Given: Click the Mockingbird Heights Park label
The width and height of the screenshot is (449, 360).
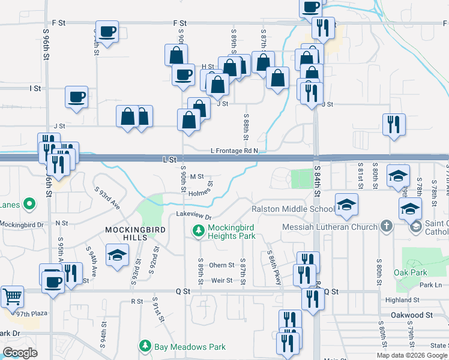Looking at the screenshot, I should pyautogui.click(x=232, y=232).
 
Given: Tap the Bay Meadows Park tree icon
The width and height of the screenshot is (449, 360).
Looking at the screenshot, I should pyautogui.click(x=145, y=346).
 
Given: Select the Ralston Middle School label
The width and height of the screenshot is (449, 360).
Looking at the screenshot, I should pyautogui.click(x=293, y=209).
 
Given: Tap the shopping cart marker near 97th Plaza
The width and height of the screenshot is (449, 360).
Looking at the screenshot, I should pyautogui.click(x=12, y=296).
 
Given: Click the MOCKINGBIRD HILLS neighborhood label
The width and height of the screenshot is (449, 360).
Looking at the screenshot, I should pyautogui.click(x=126, y=233).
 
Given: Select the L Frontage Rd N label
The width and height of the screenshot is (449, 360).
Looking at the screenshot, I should pyautogui.click(x=234, y=151).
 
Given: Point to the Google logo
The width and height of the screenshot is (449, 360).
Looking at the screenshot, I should pyautogui.click(x=20, y=353).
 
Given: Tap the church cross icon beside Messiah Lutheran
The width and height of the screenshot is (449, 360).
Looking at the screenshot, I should pyautogui.click(x=387, y=227).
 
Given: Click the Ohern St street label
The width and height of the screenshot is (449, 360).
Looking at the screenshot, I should pyautogui.click(x=221, y=265).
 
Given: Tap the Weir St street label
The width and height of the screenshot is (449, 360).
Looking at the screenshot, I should pyautogui.click(x=221, y=280).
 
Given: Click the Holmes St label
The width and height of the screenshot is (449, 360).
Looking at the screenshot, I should pyautogui.click(x=201, y=191).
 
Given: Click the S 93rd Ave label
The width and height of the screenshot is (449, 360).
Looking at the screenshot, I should pyautogui.click(x=107, y=199).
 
